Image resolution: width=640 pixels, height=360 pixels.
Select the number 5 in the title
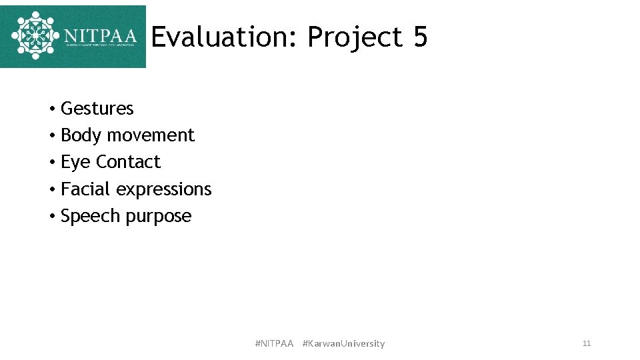[420, 38]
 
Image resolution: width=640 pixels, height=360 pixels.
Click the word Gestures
[97, 109]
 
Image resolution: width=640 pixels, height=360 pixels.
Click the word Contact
[128, 162]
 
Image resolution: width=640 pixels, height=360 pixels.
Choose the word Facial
[86, 189]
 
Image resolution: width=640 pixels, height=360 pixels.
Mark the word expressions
[163, 189]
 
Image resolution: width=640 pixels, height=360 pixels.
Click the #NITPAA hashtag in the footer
[274, 343]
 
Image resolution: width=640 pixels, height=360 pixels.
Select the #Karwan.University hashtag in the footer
[343, 343]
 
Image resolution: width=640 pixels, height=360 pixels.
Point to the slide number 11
[587, 343]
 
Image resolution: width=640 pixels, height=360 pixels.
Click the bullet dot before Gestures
[51, 109]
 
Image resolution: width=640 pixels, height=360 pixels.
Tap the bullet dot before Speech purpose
[51, 217]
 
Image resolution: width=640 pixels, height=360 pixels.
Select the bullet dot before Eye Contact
[51, 163]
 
